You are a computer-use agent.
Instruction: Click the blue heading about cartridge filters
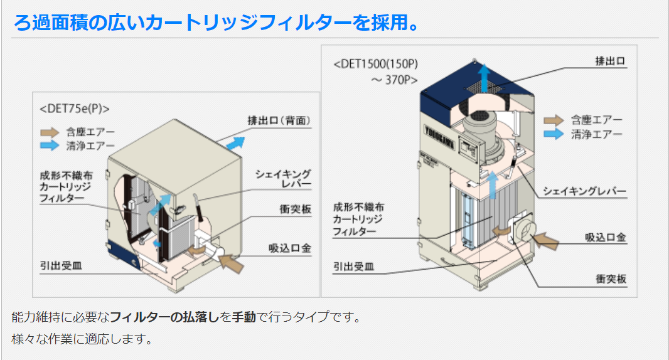(x=217, y=22)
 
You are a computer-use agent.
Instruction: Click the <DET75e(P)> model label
(x=75, y=109)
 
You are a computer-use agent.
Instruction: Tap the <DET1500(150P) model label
(x=376, y=64)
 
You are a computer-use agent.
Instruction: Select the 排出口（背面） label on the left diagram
(x=279, y=120)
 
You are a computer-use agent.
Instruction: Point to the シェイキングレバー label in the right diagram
(x=584, y=191)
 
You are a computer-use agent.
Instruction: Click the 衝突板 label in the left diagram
(x=295, y=209)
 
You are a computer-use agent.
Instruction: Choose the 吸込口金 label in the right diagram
(x=606, y=238)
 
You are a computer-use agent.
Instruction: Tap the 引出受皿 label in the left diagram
(x=61, y=266)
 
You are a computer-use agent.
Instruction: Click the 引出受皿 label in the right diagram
(x=354, y=267)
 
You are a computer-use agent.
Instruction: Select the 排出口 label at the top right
(x=611, y=61)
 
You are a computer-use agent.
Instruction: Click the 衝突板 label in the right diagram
(x=611, y=279)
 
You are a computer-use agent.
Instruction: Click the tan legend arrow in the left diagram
(x=50, y=132)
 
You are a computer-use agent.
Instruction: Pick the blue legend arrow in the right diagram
(x=554, y=134)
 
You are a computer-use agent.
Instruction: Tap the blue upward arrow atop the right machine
(x=484, y=78)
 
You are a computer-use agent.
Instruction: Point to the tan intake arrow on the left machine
(x=230, y=263)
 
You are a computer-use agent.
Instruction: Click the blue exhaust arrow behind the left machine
(x=235, y=144)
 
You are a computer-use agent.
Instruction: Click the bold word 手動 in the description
(x=244, y=317)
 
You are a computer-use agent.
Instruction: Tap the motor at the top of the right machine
(x=481, y=130)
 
